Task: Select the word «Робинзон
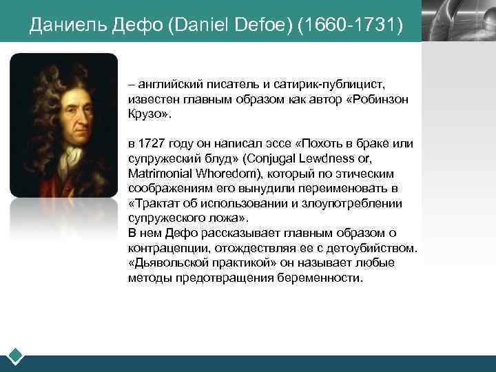click(x=380, y=99)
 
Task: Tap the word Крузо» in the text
click(x=149, y=114)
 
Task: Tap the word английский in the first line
click(x=167, y=85)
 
